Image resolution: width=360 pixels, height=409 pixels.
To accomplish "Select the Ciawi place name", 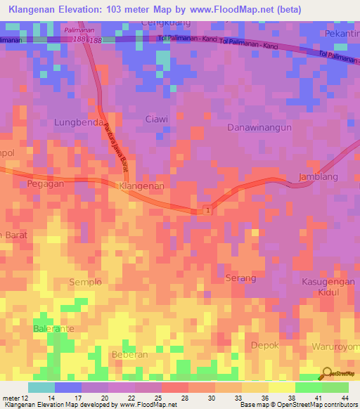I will tap(156, 119).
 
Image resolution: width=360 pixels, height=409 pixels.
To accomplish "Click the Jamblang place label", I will tap(315, 176).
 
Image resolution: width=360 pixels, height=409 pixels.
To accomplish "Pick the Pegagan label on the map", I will tap(46, 183).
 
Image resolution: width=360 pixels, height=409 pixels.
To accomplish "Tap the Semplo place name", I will tap(85, 282).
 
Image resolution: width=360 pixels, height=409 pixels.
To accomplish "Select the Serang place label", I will tap(240, 278).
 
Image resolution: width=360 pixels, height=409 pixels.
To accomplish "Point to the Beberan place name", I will tap(129, 354).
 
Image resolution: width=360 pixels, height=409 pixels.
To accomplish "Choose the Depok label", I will tap(265, 345).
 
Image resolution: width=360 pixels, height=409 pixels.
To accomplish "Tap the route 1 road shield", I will tap(207, 210).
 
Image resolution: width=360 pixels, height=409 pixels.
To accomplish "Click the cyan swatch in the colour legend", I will tap(41, 387).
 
